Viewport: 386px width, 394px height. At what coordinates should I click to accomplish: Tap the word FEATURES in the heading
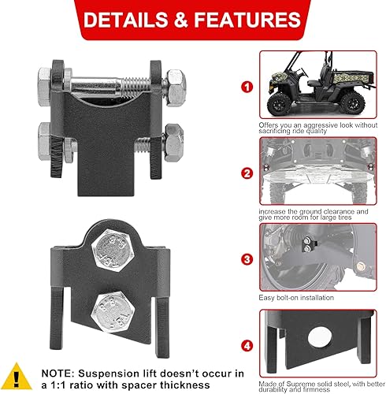coord(247,19)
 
